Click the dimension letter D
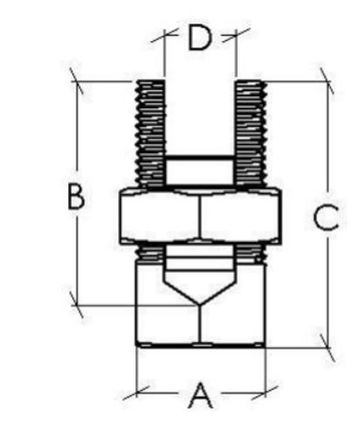pyautogui.click(x=199, y=38)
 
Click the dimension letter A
pyautogui.click(x=200, y=395)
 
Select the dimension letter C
pyautogui.click(x=326, y=218)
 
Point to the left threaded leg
pyautogui.click(x=151, y=133)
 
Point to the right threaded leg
pyautogui.click(x=250, y=133)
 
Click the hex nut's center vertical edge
pyautogui.click(x=200, y=215)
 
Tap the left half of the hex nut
pyautogui.click(x=160, y=216)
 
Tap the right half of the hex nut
pyautogui.click(x=240, y=216)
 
